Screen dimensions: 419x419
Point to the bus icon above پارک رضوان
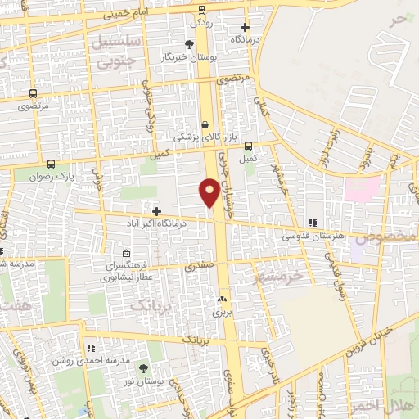(52, 164)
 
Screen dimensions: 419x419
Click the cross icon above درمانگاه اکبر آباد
(156, 210)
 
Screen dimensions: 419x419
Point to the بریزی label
(223, 312)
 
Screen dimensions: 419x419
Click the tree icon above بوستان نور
(144, 369)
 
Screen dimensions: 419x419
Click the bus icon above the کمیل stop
(248, 146)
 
